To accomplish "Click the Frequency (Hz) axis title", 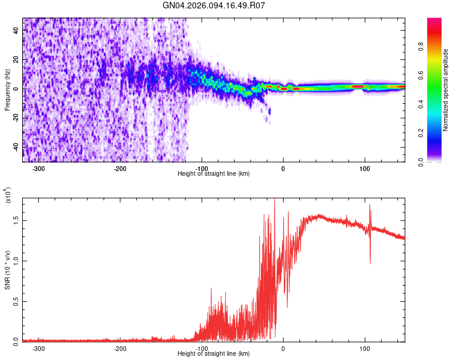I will coord(7,90).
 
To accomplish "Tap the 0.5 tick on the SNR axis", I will coord(16,301).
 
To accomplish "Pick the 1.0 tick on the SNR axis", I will coord(16,260).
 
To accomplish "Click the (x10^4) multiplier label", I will coord(8,196).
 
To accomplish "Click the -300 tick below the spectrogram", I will coord(39,168).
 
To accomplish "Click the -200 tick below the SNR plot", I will coord(120,348).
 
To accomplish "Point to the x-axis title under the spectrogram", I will coord(214,173).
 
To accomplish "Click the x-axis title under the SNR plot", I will coord(214,353).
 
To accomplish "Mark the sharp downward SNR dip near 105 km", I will coord(370,262).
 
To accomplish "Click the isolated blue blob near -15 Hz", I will coord(269,111).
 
